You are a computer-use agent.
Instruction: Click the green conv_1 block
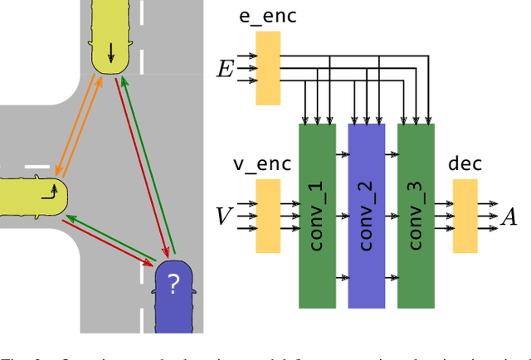pos(317,216)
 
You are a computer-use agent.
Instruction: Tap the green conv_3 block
pos(416,216)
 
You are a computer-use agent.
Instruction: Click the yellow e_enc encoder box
pos(267,68)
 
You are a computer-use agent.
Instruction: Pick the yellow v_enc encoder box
pos(267,215)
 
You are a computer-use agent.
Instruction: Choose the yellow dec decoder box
pos(465,215)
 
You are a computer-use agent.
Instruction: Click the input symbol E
pos(225,69)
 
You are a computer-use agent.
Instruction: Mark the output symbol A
pos(509,216)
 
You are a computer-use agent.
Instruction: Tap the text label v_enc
pos(261,165)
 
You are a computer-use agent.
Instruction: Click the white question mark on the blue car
pos(173,285)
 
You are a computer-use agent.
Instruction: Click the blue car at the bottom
pos(173,295)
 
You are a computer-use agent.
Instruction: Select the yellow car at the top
pos(110,37)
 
